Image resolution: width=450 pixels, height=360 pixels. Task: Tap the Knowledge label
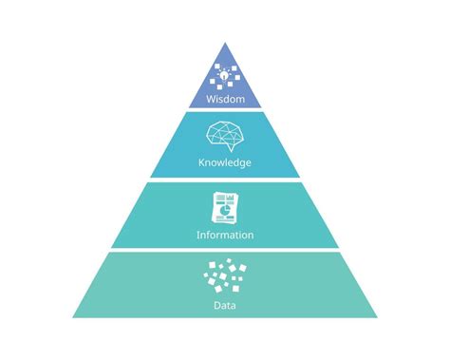pos(225,162)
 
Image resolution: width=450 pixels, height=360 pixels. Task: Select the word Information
pos(225,234)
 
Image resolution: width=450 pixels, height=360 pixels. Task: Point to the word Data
pos(225,306)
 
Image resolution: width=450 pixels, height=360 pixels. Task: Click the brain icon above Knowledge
pos(225,136)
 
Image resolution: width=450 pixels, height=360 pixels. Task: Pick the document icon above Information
pos(224,207)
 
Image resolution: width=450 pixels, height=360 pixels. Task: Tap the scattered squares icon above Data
pos(224,277)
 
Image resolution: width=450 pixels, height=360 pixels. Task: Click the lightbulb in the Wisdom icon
pos(223,73)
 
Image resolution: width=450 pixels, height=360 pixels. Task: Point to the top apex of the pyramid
pos(225,44)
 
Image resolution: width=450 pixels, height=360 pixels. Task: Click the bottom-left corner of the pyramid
pos(73,317)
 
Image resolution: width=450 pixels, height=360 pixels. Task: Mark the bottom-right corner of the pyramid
pos(377,317)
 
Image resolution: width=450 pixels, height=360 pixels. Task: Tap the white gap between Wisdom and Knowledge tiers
pos(225,110)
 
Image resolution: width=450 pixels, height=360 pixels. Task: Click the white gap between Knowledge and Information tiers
pos(225,180)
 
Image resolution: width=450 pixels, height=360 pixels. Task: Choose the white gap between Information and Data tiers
pos(225,249)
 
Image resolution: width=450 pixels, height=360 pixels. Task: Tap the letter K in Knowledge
pos(201,162)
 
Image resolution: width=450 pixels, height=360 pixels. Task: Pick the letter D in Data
pos(217,306)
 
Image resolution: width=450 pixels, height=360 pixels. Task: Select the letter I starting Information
pos(197,234)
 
